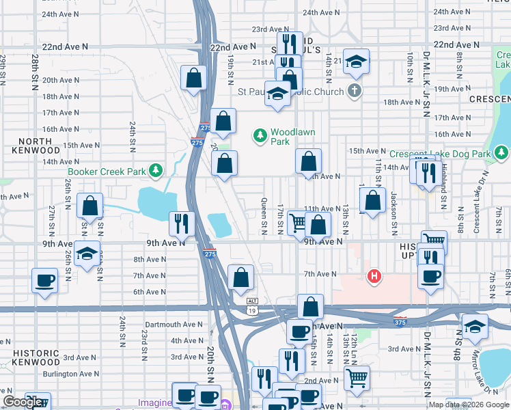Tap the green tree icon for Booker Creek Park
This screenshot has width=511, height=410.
click(156, 169)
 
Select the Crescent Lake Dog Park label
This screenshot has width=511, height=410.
click(441, 154)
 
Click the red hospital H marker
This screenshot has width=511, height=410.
click(374, 277)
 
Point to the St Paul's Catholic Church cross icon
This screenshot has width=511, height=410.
click(353, 91)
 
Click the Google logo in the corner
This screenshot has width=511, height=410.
click(23, 402)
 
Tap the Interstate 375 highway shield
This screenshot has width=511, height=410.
click(400, 320)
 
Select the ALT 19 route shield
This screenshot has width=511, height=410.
click(251, 305)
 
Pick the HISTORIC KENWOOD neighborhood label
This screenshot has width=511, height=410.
click(36, 357)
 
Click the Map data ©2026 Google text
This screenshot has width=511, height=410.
click(469, 405)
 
